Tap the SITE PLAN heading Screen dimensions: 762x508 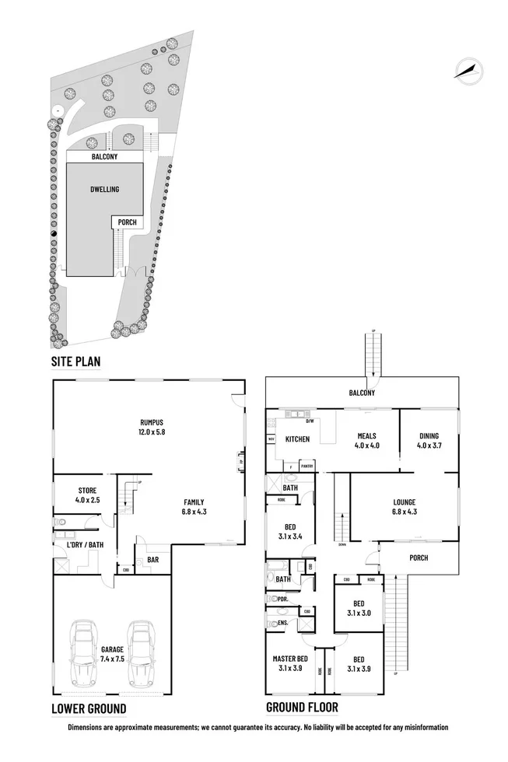75,362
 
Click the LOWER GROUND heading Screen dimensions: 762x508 88,708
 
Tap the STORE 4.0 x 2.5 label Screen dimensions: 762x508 86,495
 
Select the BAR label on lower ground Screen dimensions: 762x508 152,558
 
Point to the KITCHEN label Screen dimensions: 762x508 296,439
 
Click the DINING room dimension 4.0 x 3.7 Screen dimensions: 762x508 428,446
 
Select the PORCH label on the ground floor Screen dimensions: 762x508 419,558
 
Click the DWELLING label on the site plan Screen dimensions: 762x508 104,189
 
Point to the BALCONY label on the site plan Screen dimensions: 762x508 104,156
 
